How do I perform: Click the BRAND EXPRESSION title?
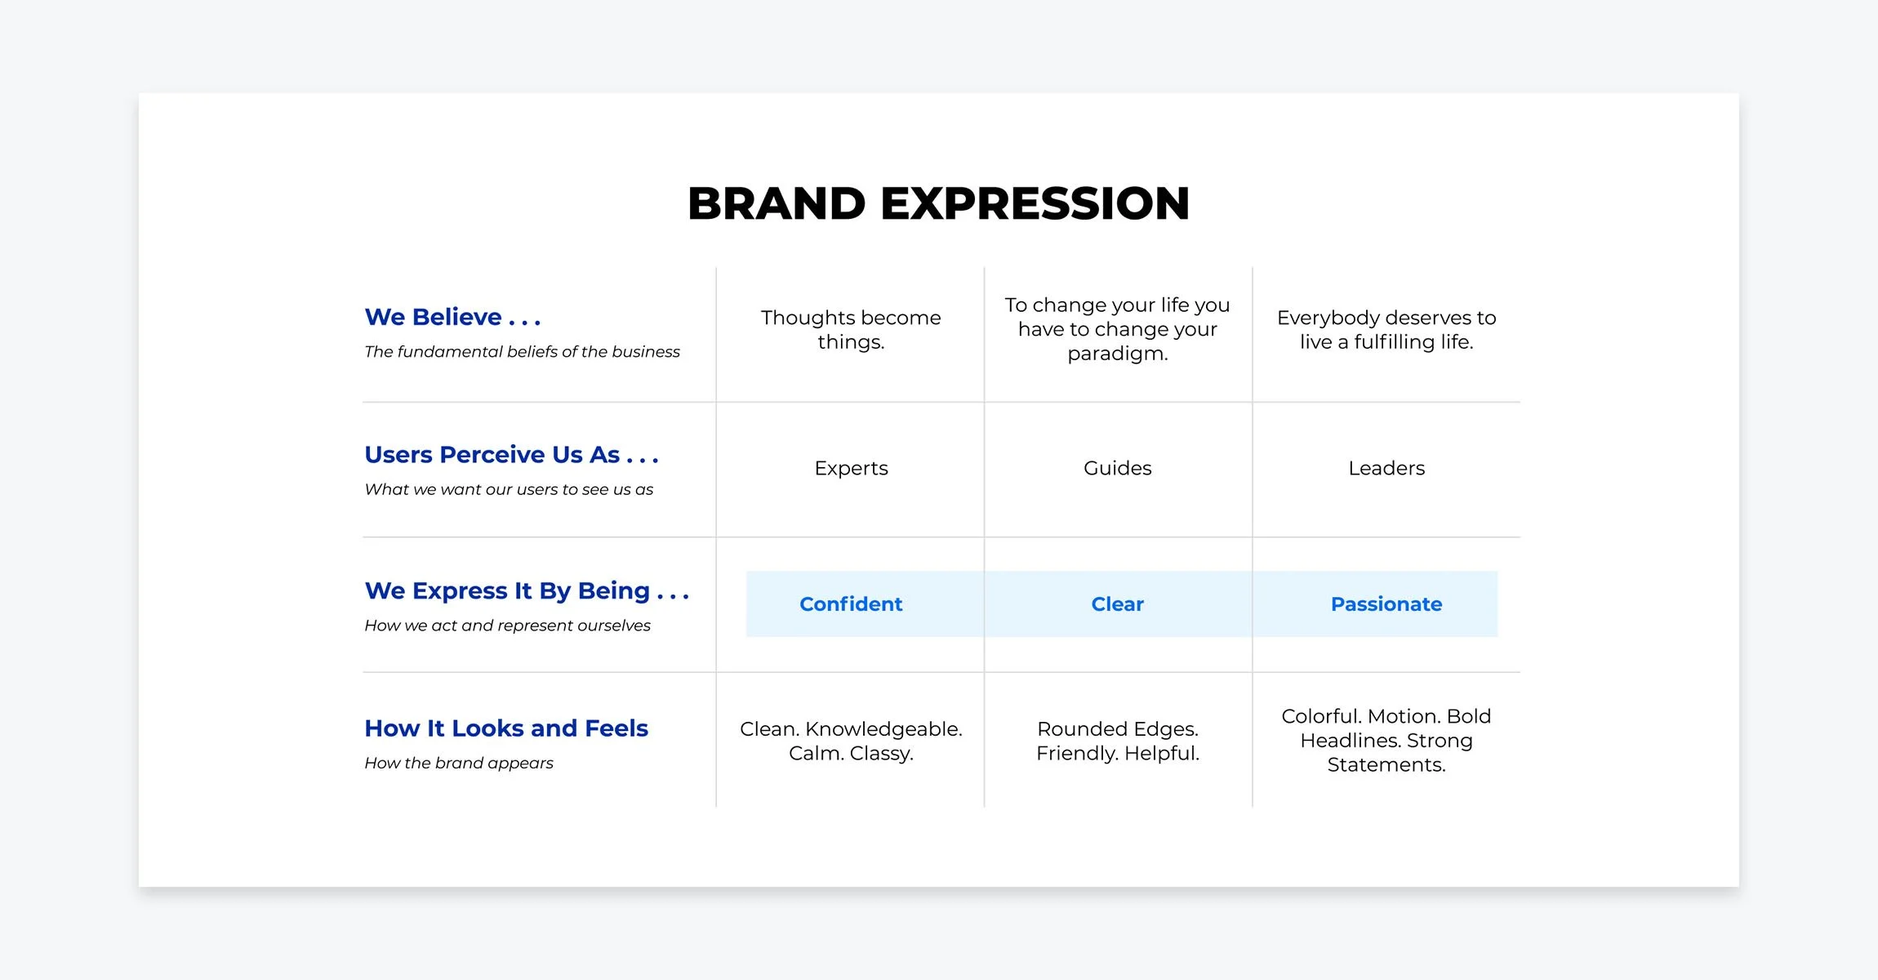pyautogui.click(x=938, y=203)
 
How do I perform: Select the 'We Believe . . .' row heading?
pyautogui.click(x=452, y=317)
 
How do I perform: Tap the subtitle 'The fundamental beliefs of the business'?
pyautogui.click(x=522, y=352)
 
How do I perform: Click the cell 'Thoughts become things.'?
pyautogui.click(x=851, y=329)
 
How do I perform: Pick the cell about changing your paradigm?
pyautogui.click(x=1117, y=329)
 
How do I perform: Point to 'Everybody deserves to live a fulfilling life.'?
pyautogui.click(x=1386, y=329)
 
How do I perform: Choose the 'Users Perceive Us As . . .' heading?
pyautogui.click(x=511, y=455)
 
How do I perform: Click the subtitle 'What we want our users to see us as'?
pyautogui.click(x=509, y=490)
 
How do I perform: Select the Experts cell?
pyautogui.click(x=851, y=468)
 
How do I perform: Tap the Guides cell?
pyautogui.click(x=1117, y=468)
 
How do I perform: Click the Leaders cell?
pyautogui.click(x=1386, y=468)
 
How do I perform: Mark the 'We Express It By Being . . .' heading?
pyautogui.click(x=527, y=590)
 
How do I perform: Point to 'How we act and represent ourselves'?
pyautogui.click(x=507, y=626)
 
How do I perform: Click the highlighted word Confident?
pyautogui.click(x=851, y=604)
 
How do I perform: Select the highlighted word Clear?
pyautogui.click(x=1117, y=604)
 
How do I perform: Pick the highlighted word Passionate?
pyautogui.click(x=1386, y=604)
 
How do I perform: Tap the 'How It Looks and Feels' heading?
pyautogui.click(x=506, y=728)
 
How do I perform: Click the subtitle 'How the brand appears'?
pyautogui.click(x=459, y=763)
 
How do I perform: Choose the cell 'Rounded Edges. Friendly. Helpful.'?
pyautogui.click(x=1117, y=741)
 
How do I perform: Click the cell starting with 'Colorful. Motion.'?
pyautogui.click(x=1386, y=741)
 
